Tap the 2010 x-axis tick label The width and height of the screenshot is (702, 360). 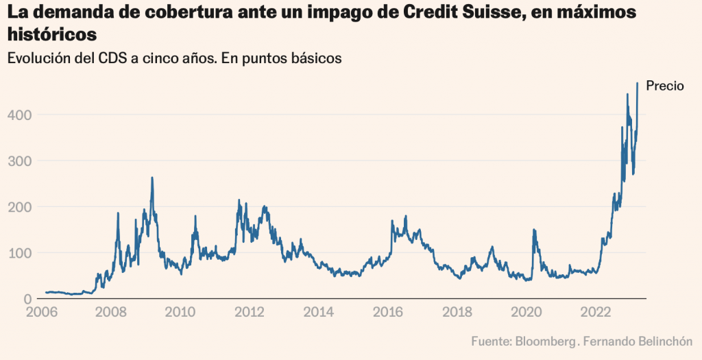181,313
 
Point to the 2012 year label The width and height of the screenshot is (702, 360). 250,313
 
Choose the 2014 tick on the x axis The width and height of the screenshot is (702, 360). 320,313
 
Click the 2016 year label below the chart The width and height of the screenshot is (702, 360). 389,313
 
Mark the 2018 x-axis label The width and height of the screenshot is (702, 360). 459,313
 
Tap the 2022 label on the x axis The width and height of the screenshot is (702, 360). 598,313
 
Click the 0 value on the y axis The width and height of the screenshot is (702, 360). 27,299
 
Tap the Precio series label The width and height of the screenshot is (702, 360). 665,86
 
